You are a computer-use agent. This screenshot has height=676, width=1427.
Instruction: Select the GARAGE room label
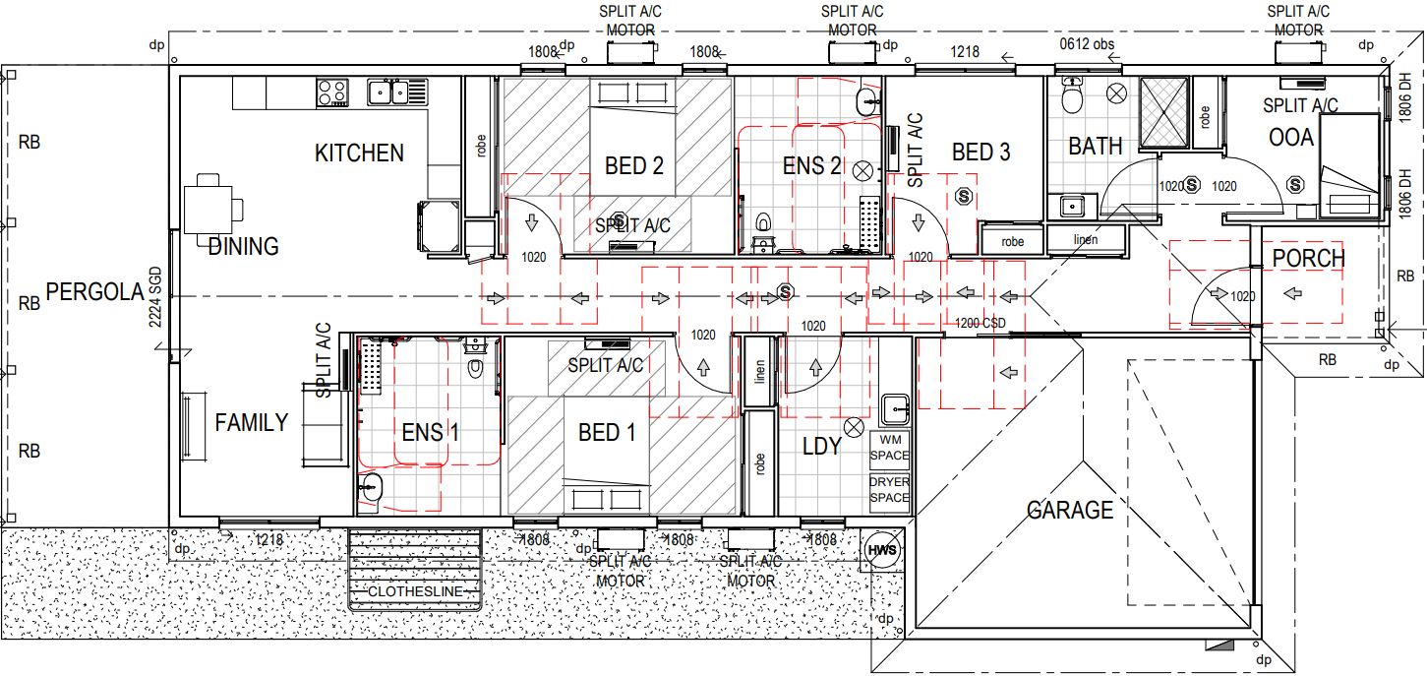1070,511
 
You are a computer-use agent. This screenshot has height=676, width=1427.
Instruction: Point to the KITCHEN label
359,154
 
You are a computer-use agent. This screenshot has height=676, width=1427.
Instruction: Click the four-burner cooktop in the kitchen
332,92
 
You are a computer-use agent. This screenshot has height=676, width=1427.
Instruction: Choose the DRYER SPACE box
890,490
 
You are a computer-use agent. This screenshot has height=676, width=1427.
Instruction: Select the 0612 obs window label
1087,44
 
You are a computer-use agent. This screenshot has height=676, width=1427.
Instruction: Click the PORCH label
1308,259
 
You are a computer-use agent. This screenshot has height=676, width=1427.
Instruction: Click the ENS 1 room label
431,433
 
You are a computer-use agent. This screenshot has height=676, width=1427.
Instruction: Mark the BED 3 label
981,153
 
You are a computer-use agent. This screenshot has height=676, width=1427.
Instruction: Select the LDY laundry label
821,447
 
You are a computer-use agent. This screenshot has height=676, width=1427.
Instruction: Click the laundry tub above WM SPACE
894,406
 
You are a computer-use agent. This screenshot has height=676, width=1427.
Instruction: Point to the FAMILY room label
252,423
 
